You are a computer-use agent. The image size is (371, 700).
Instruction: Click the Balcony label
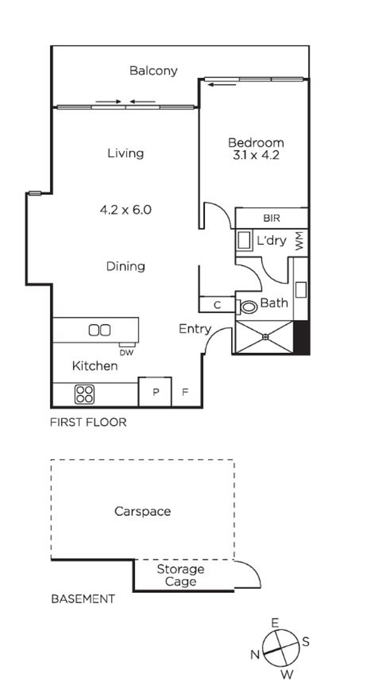click(x=153, y=71)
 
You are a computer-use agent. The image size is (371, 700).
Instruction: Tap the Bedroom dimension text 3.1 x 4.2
click(x=256, y=155)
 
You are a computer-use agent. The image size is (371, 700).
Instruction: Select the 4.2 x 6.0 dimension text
click(x=126, y=210)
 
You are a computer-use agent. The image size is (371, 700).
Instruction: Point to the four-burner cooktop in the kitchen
click(x=84, y=394)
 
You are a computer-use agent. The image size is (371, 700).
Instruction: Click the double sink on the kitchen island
click(x=99, y=330)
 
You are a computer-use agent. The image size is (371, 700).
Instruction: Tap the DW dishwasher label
click(x=126, y=353)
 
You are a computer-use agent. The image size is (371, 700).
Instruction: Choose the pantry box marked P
click(x=155, y=392)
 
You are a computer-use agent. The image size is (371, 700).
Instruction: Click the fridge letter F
click(x=185, y=392)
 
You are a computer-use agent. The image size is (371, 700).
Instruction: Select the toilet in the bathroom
click(x=247, y=307)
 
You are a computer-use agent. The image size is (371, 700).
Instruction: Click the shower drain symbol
click(x=266, y=336)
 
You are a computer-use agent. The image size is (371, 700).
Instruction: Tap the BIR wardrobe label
click(x=271, y=218)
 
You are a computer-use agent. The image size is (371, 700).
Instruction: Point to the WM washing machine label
click(x=299, y=241)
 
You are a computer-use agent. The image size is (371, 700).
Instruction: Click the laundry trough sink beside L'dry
click(x=244, y=240)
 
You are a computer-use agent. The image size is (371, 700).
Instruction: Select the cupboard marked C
click(x=217, y=304)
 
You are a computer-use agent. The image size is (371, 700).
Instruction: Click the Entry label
click(x=195, y=329)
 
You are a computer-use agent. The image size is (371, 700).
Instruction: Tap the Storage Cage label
click(x=181, y=575)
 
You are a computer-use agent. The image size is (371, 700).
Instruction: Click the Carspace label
click(x=143, y=511)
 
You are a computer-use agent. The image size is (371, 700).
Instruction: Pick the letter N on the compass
click(x=255, y=654)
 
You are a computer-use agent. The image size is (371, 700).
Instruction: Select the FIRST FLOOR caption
click(x=88, y=422)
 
